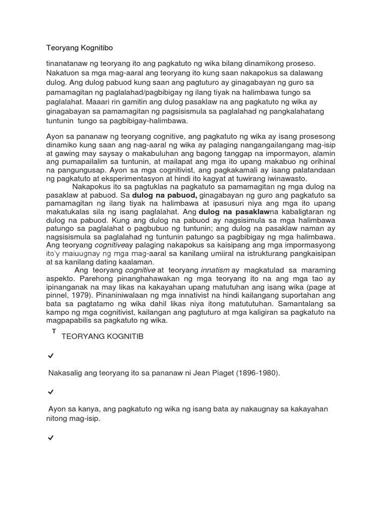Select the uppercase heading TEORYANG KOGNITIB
tap(102, 337)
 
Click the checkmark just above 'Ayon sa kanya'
tap(50, 392)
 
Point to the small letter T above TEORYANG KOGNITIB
tap(54, 331)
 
